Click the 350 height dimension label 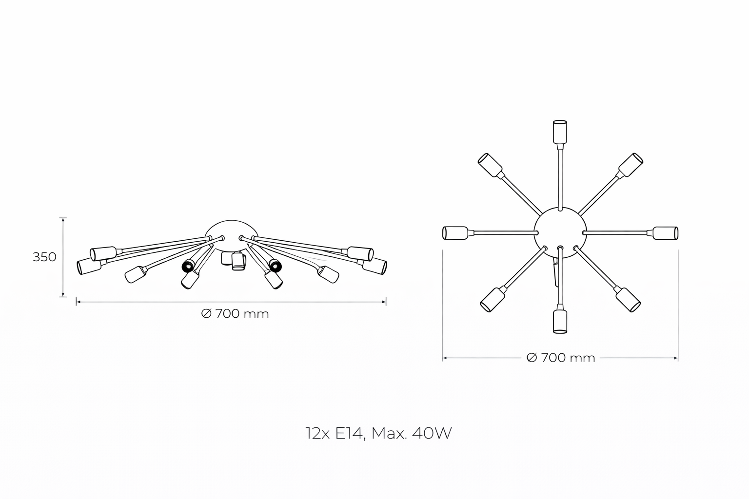(44, 257)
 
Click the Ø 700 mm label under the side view (235, 314)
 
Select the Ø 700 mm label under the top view (561, 358)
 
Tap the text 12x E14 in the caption (334, 434)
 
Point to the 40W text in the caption (432, 433)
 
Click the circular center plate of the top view (560, 232)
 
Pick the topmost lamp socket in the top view (560, 132)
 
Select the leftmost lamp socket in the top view (455, 233)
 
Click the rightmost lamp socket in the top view (666, 233)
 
